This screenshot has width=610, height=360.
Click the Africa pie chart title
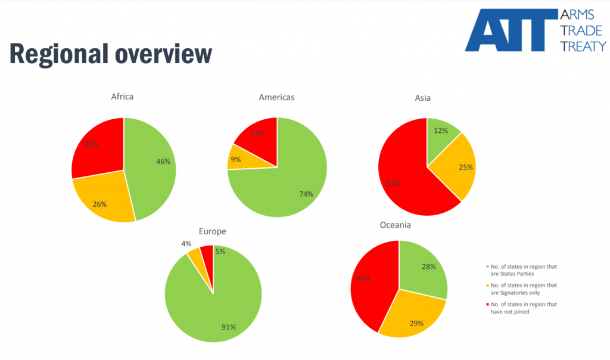click(122, 97)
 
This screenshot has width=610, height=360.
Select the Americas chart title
click(276, 97)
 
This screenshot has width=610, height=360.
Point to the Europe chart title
click(212, 231)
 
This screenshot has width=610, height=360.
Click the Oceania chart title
click(395, 225)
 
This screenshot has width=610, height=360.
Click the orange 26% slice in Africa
click(104, 200)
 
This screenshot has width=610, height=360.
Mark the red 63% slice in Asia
click(405, 179)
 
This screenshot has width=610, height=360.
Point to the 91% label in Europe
click(229, 327)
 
